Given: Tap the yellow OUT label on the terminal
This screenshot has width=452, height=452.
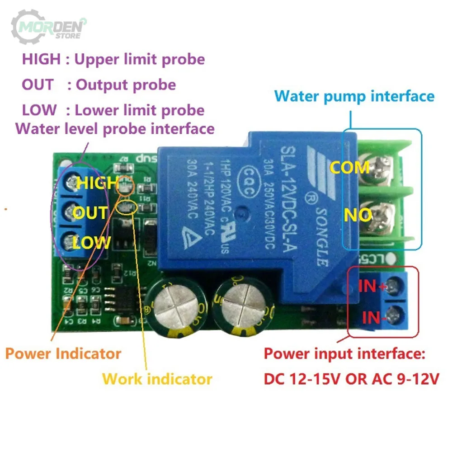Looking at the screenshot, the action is [90, 213].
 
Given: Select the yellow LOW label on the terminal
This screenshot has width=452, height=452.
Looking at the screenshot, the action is [91, 243].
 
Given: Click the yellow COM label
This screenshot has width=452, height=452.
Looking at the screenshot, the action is [349, 168].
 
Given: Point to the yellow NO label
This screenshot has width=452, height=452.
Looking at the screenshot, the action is [358, 215].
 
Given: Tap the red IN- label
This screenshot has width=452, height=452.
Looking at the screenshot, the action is [372, 317].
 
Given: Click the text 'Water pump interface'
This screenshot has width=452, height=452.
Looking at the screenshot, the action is [354, 96].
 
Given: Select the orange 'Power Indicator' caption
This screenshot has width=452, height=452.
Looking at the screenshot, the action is [63, 353].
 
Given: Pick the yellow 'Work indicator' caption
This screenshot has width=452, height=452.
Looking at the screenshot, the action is [157, 378].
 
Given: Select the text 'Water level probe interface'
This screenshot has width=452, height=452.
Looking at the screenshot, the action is [115, 128].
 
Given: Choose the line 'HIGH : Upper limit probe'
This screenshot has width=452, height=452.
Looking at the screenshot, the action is [113, 59].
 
